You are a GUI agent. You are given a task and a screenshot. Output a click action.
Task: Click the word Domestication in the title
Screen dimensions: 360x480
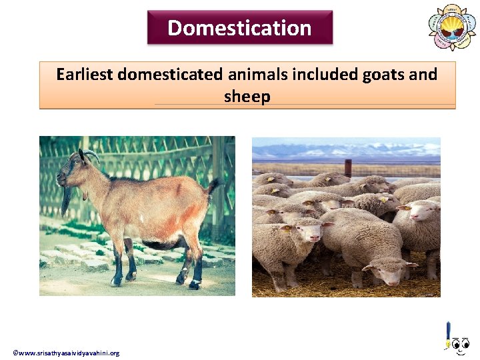pyautogui.click(x=239, y=28)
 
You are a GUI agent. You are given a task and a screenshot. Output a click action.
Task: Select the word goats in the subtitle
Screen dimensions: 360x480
pyautogui.click(x=383, y=74)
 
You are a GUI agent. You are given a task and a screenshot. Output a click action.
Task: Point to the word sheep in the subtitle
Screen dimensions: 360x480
pyautogui.click(x=247, y=97)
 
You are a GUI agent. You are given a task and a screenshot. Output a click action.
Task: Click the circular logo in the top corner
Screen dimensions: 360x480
pyautogui.click(x=453, y=27)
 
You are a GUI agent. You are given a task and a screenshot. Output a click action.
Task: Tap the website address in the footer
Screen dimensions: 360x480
pyautogui.click(x=66, y=353)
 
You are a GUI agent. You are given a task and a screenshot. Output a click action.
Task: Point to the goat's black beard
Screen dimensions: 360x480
pyautogui.click(x=66, y=199)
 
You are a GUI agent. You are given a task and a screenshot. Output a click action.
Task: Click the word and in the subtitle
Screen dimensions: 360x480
pyautogui.click(x=423, y=74)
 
